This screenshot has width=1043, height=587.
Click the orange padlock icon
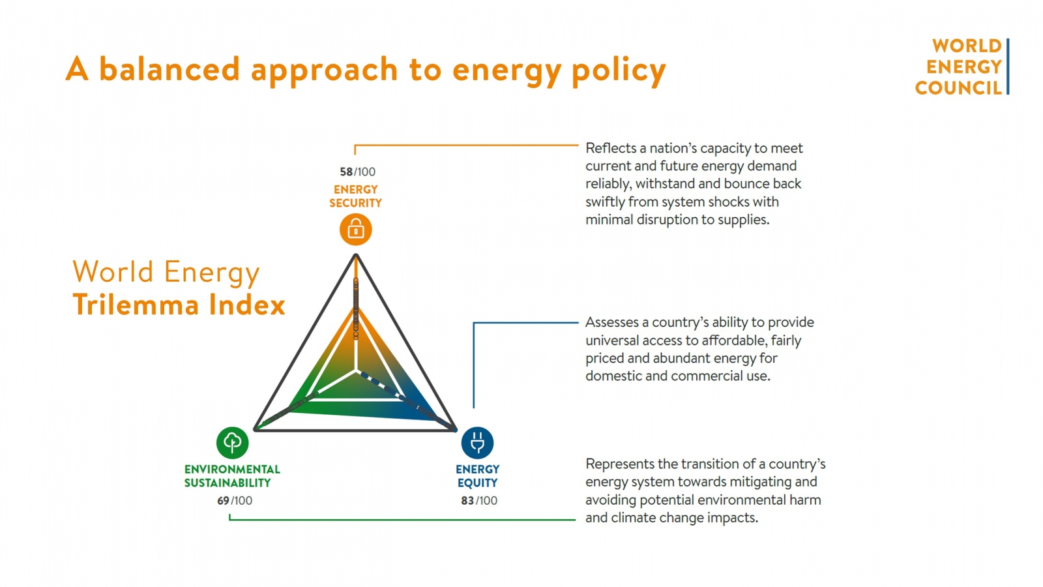(355, 230)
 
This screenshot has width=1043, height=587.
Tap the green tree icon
(233, 443)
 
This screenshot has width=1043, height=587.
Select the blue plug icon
(477, 443)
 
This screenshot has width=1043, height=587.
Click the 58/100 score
(357, 172)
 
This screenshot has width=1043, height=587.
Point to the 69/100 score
(235, 500)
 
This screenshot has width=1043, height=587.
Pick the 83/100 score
(478, 500)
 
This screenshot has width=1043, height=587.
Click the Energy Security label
(355, 196)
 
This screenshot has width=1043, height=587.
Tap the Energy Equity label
(477, 475)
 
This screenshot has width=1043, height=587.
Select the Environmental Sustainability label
(232, 475)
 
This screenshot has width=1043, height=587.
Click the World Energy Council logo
(961, 67)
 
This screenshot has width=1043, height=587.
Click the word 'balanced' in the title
(169, 69)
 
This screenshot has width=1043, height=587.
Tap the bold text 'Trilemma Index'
(179, 305)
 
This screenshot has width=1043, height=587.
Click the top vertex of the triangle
(356, 255)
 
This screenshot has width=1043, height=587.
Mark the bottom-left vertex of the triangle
(256, 430)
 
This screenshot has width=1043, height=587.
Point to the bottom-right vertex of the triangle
(456, 430)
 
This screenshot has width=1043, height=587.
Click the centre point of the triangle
(356, 371)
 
